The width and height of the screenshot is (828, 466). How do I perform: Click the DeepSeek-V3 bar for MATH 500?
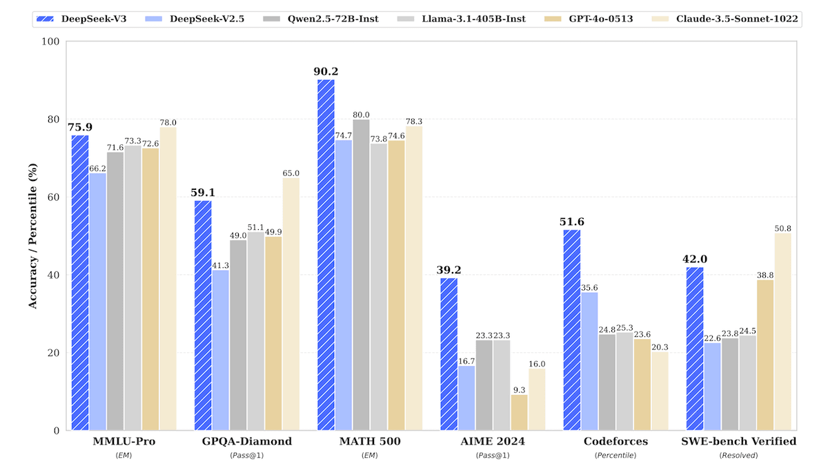(326, 255)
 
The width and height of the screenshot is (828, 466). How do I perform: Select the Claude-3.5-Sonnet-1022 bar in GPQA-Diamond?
(290, 304)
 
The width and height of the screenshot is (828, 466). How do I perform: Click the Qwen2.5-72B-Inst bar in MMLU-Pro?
(115, 291)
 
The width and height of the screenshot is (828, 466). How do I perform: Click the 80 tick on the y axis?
(52, 119)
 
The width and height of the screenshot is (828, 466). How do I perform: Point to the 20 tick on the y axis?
(52, 353)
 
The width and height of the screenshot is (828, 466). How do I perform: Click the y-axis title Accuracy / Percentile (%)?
(32, 235)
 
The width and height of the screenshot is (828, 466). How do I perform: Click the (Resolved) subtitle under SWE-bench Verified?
(738, 456)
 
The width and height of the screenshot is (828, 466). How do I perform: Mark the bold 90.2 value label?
(325, 71)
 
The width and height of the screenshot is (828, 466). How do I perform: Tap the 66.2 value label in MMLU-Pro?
(98, 167)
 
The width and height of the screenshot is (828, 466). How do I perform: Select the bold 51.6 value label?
(571, 222)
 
